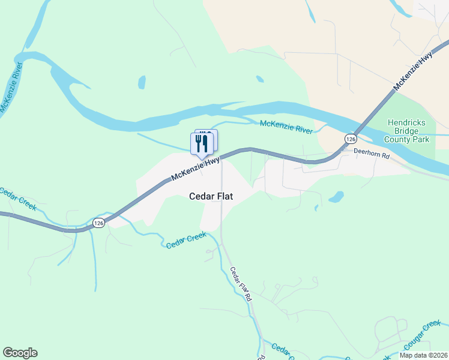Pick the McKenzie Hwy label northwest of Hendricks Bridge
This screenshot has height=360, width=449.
pyautogui.click(x=413, y=72)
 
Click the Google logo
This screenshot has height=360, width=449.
pyautogui.click(x=20, y=353)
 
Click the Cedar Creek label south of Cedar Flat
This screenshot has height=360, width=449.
pyautogui.click(x=186, y=241)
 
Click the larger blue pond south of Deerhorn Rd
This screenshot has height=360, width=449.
pyautogui.click(x=336, y=197)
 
